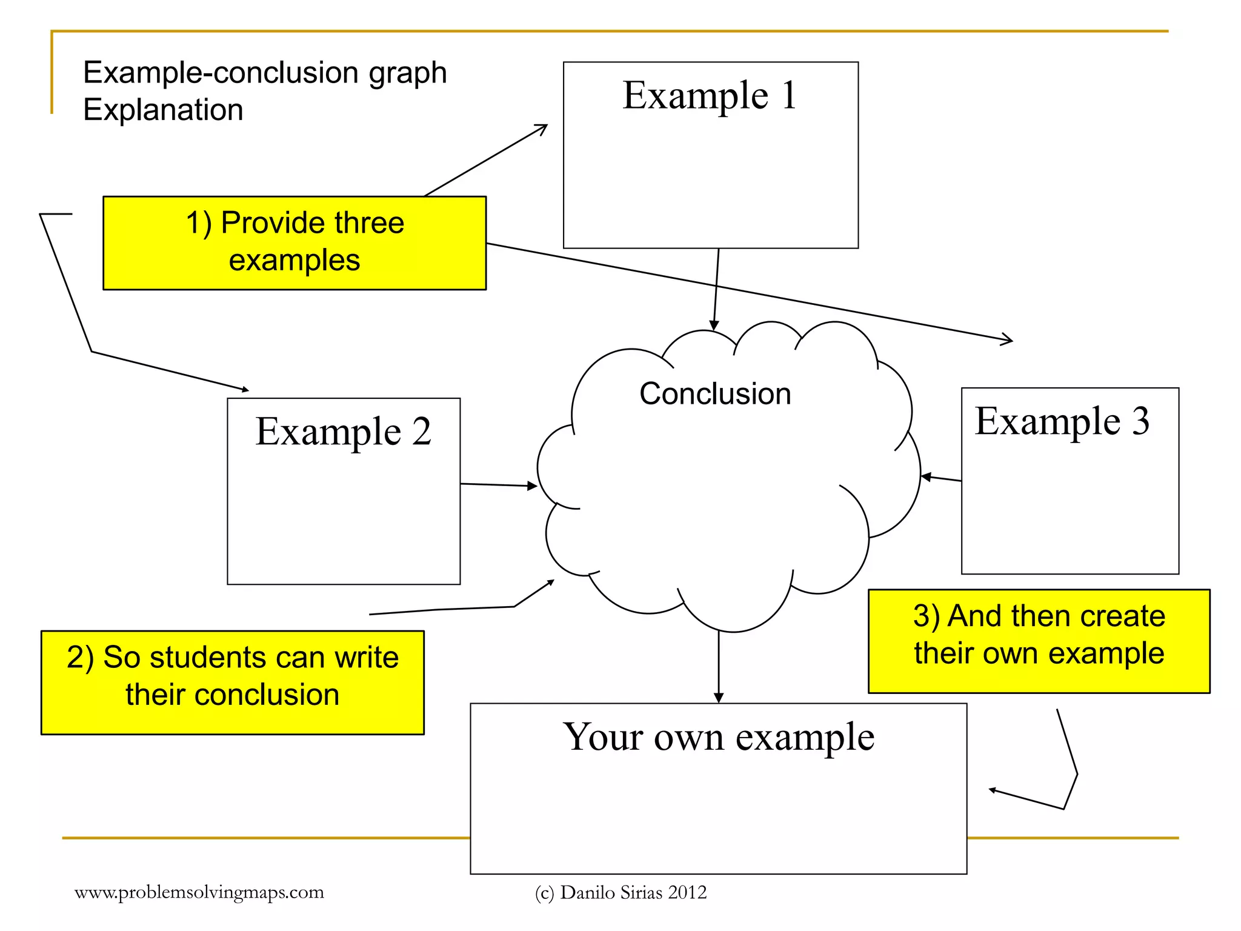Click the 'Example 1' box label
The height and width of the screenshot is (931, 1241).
(710, 96)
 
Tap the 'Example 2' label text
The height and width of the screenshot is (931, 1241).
(343, 432)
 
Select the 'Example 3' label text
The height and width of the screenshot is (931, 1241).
(1062, 421)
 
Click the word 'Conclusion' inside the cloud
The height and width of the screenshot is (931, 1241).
(715, 394)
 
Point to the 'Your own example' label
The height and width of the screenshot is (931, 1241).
(718, 737)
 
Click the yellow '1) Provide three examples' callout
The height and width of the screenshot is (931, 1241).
(294, 242)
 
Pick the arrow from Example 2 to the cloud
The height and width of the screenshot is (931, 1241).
(498, 485)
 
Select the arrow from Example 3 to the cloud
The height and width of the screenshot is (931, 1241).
(940, 478)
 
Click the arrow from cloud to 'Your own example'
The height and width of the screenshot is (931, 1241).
(719, 667)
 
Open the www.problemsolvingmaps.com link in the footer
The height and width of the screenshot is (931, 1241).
(199, 892)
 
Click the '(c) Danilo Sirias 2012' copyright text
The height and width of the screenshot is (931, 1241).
(620, 892)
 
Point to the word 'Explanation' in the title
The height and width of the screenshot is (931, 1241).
(163, 110)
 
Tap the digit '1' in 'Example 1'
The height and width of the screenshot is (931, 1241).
(788, 96)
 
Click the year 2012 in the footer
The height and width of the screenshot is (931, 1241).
(687, 892)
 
